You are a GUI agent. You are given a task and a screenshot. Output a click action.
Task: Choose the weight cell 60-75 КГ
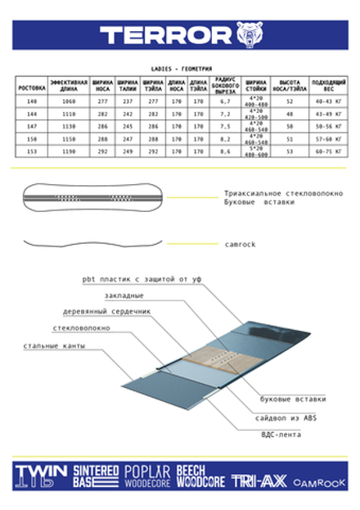point(329,151)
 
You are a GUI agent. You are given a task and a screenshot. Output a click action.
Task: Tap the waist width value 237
point(127,101)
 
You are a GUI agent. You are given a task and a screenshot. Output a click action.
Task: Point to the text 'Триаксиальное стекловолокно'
point(270,193)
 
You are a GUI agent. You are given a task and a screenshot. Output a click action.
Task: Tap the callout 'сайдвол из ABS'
point(280,418)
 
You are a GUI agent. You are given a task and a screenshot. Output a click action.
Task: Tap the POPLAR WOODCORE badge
point(147,476)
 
